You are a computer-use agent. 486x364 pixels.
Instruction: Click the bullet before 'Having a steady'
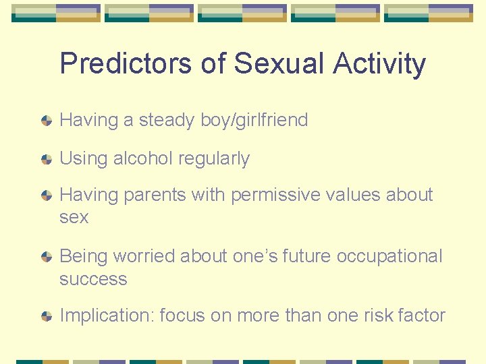46,121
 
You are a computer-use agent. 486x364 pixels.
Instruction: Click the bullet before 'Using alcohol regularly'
46,160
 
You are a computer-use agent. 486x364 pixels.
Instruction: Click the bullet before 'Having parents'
46,196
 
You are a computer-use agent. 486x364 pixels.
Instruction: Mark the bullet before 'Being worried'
46,257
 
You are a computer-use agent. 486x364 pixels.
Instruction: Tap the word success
93,279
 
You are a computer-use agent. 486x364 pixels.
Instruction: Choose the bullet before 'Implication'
46,316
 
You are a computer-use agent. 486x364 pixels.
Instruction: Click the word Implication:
107,315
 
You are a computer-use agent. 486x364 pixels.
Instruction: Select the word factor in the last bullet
423,315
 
